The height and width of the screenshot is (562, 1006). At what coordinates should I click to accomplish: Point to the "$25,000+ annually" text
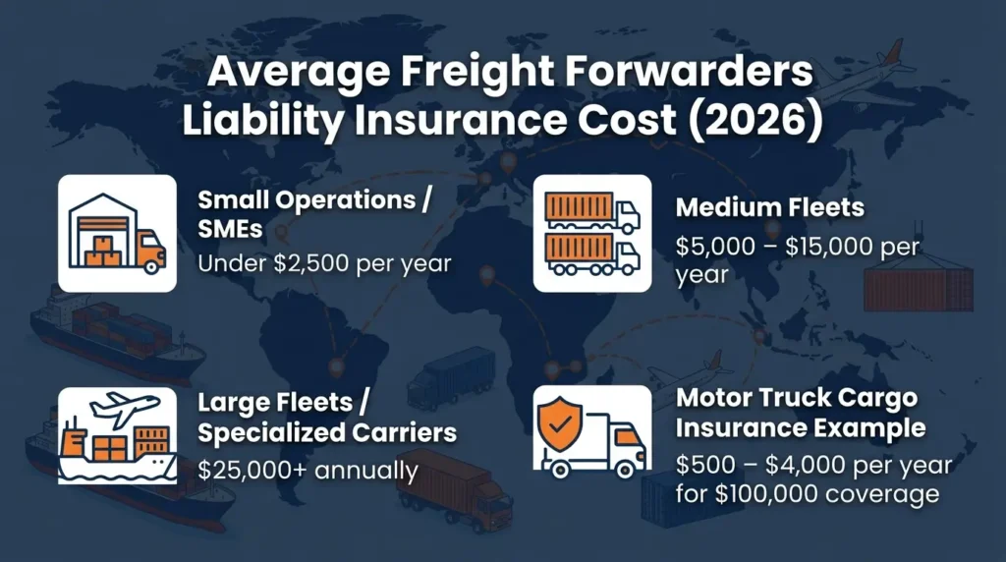[x=307, y=470]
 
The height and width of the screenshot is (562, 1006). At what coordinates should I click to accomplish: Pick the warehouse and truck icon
[x=117, y=233]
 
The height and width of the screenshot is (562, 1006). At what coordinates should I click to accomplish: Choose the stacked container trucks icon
[x=591, y=233]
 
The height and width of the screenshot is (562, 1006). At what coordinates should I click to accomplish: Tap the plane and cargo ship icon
[x=117, y=433]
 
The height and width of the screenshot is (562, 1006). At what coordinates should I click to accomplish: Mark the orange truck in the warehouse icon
[x=148, y=252]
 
